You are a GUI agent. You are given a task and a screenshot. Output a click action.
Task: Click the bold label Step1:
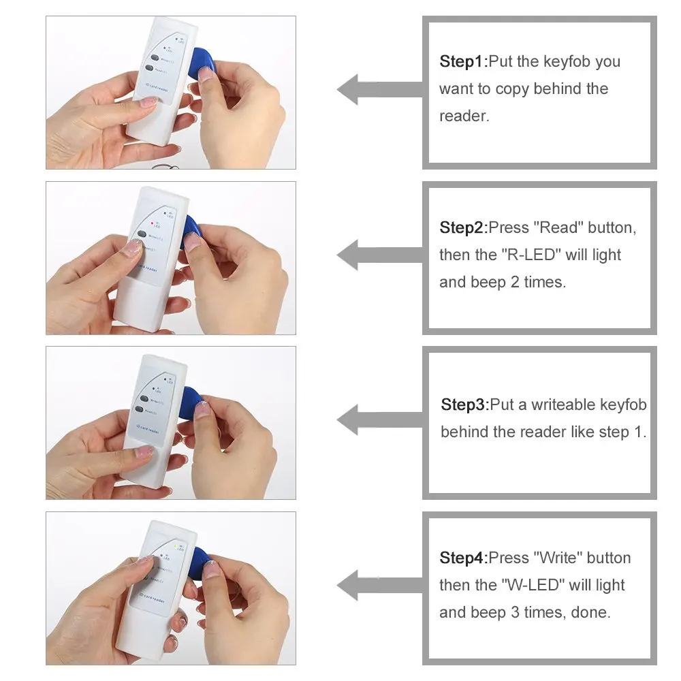point(464,62)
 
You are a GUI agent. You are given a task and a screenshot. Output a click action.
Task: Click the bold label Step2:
point(464,227)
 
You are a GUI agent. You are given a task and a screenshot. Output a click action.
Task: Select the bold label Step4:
point(464,558)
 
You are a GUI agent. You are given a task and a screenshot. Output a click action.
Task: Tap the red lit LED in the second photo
point(152,223)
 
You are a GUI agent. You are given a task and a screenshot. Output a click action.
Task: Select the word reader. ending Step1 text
point(464,116)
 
